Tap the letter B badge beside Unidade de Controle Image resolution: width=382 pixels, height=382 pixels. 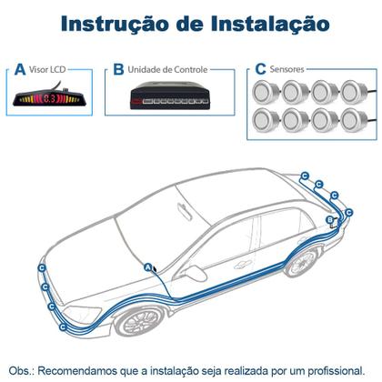(x=117, y=68)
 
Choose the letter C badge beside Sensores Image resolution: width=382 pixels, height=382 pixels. (x=261, y=68)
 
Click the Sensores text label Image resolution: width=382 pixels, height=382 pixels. (x=287, y=68)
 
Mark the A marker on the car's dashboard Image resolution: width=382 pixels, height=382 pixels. (x=148, y=266)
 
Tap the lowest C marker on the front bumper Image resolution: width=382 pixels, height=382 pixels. (x=62, y=327)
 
